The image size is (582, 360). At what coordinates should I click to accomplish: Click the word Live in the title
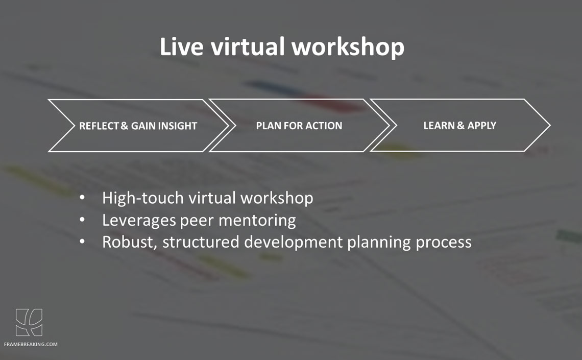pyautogui.click(x=182, y=46)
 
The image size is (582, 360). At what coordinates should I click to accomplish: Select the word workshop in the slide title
pyautogui.click(x=348, y=47)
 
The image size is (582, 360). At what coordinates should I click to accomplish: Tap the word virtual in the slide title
pyautogui.click(x=248, y=46)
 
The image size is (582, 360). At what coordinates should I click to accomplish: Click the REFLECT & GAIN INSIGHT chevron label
pyautogui.click(x=138, y=126)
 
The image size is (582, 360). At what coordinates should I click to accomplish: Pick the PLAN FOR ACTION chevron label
pyautogui.click(x=299, y=126)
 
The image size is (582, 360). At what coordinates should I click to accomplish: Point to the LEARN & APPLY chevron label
pyautogui.click(x=459, y=126)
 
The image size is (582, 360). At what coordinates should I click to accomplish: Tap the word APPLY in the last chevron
pyautogui.click(x=481, y=126)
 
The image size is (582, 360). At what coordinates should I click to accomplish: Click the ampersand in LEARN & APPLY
pyautogui.click(x=460, y=126)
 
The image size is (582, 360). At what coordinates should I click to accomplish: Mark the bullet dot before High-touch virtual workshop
pyautogui.click(x=82, y=198)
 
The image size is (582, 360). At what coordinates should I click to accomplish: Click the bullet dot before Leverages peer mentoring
pyautogui.click(x=82, y=220)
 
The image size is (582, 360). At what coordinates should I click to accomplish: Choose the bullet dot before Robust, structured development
pyautogui.click(x=82, y=242)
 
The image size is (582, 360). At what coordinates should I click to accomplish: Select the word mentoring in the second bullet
pyautogui.click(x=257, y=221)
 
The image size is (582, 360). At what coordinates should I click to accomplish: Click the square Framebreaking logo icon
pyautogui.click(x=29, y=323)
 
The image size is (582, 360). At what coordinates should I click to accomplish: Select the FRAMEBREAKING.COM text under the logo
pyautogui.click(x=31, y=344)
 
